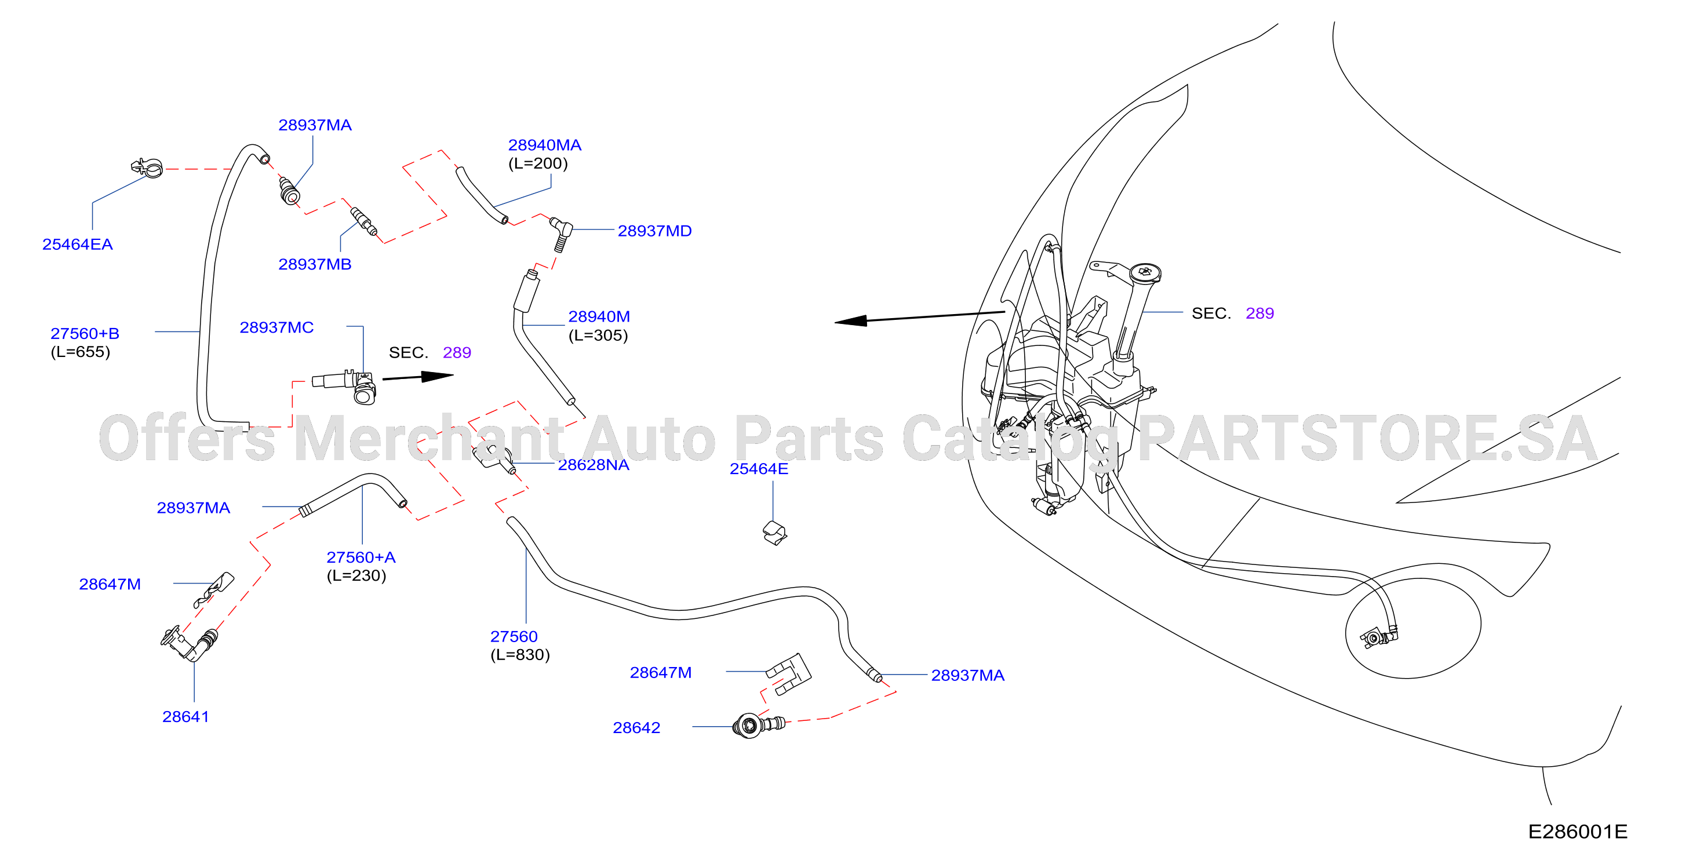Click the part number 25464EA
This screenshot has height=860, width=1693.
pyautogui.click(x=78, y=245)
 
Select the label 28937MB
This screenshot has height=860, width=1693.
pyautogui.click(x=315, y=264)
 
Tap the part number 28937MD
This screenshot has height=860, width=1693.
pyautogui.click(x=654, y=231)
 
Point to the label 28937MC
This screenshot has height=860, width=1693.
pyautogui.click(x=276, y=327)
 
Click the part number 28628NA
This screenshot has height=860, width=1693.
pyautogui.click(x=594, y=465)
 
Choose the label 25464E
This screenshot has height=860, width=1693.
pyautogui.click(x=759, y=468)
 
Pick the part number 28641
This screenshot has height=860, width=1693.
pyautogui.click(x=185, y=716)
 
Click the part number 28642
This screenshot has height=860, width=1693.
pyautogui.click(x=636, y=727)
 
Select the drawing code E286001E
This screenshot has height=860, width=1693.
pyautogui.click(x=1577, y=831)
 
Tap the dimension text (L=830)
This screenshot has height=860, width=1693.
pyautogui.click(x=520, y=654)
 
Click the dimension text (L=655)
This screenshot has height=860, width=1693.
pyautogui.click(x=80, y=352)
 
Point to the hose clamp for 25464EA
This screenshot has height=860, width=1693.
pyautogui.click(x=147, y=167)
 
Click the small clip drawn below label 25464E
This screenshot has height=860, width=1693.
pyautogui.click(x=775, y=533)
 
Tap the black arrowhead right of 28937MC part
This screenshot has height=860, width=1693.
pyautogui.click(x=437, y=377)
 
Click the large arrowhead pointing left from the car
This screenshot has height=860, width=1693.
pyautogui.click(x=851, y=320)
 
